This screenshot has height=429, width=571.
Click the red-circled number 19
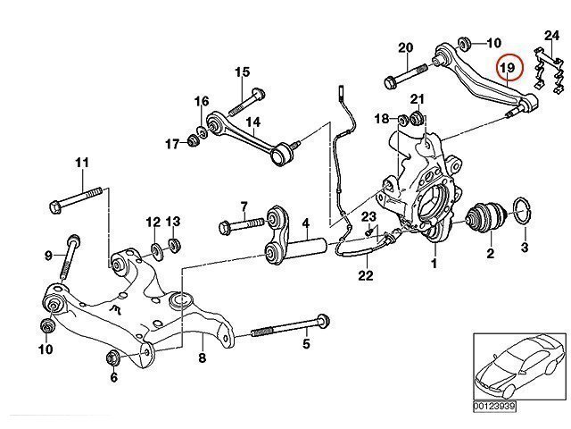pyautogui.click(x=509, y=68)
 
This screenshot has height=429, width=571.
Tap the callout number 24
pyautogui.click(x=550, y=37)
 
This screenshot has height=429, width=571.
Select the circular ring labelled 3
pyautogui.click(x=524, y=214)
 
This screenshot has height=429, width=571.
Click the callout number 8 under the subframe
pyautogui.click(x=202, y=359)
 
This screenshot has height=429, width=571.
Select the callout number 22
pyautogui.click(x=364, y=276)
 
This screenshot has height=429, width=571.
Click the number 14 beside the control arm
pyautogui.click(x=252, y=122)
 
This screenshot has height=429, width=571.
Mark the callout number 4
pyautogui.click(x=304, y=223)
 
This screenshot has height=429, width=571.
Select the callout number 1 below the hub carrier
pyautogui.click(x=434, y=265)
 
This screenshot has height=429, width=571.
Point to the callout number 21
pyautogui.click(x=417, y=97)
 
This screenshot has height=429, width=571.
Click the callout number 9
pyautogui.click(x=49, y=257)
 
